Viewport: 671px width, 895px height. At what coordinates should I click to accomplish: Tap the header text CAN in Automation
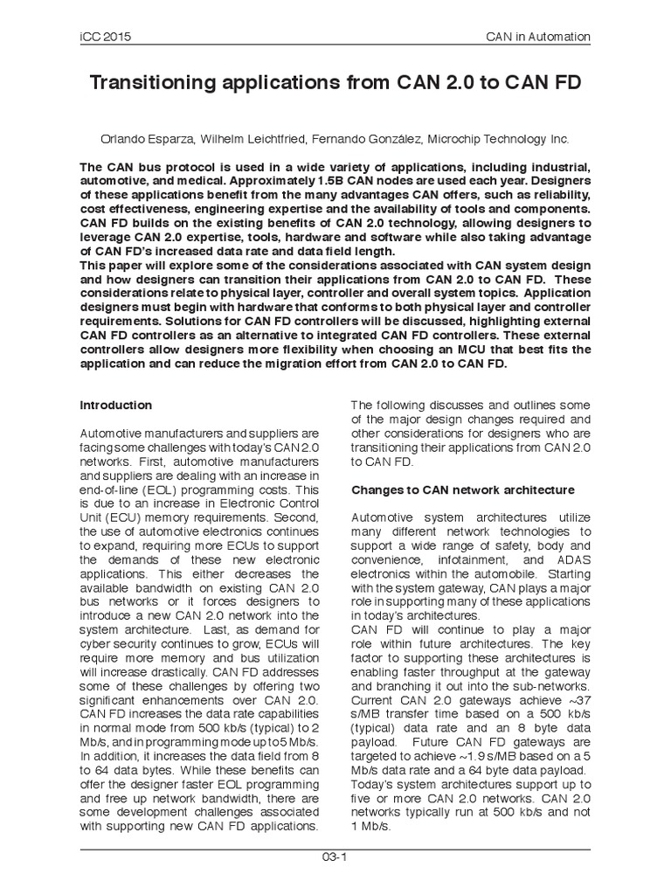(537, 37)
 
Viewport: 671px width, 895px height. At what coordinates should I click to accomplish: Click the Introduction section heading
(115, 406)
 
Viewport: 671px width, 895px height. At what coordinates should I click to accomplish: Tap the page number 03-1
(335, 857)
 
